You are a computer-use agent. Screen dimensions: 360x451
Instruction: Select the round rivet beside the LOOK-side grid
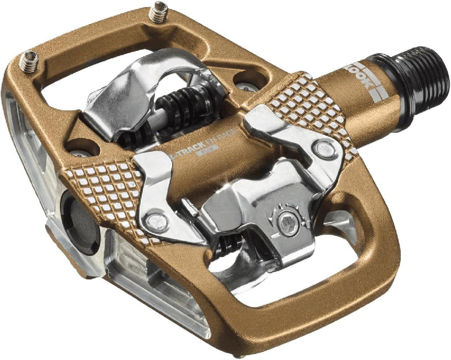322,150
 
